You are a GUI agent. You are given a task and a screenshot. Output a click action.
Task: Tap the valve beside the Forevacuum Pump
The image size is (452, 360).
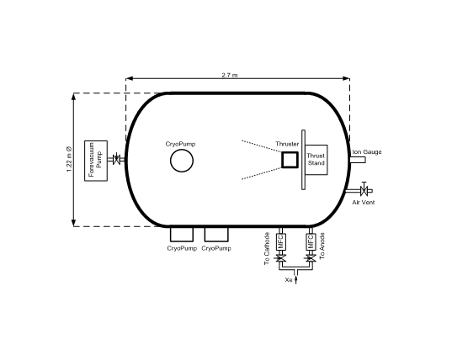[x=116, y=159]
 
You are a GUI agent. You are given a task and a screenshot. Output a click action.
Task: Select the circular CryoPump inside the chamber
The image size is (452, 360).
[x=182, y=161]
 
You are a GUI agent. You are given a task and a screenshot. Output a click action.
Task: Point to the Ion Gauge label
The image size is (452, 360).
[x=367, y=151]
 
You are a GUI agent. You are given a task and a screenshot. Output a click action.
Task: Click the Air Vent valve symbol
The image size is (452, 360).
[x=364, y=190]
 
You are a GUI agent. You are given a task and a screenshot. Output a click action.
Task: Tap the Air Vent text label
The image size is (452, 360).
[x=364, y=203]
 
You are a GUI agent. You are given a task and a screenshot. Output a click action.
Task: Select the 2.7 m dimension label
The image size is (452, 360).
[x=230, y=75]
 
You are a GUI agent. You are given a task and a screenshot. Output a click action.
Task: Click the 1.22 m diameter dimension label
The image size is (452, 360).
[x=69, y=159]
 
